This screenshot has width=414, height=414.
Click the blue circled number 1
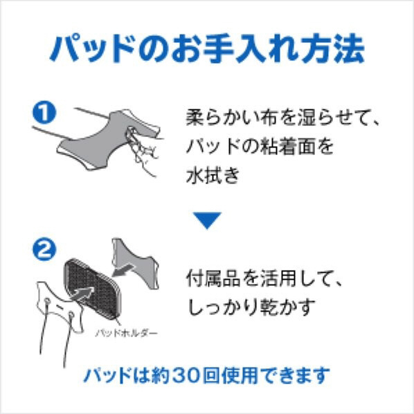[x=44, y=113]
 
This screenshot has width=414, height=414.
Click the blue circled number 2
[x=44, y=249]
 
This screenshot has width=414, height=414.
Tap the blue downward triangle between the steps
[x=207, y=220]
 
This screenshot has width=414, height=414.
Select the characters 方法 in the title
[x=333, y=49]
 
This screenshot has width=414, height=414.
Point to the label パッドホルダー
[x=126, y=333]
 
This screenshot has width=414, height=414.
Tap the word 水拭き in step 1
[x=213, y=176]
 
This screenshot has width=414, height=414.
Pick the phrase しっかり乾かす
[x=251, y=307]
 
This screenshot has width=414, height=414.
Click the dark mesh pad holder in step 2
[x=91, y=288]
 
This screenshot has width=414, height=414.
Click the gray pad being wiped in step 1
[x=106, y=140]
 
